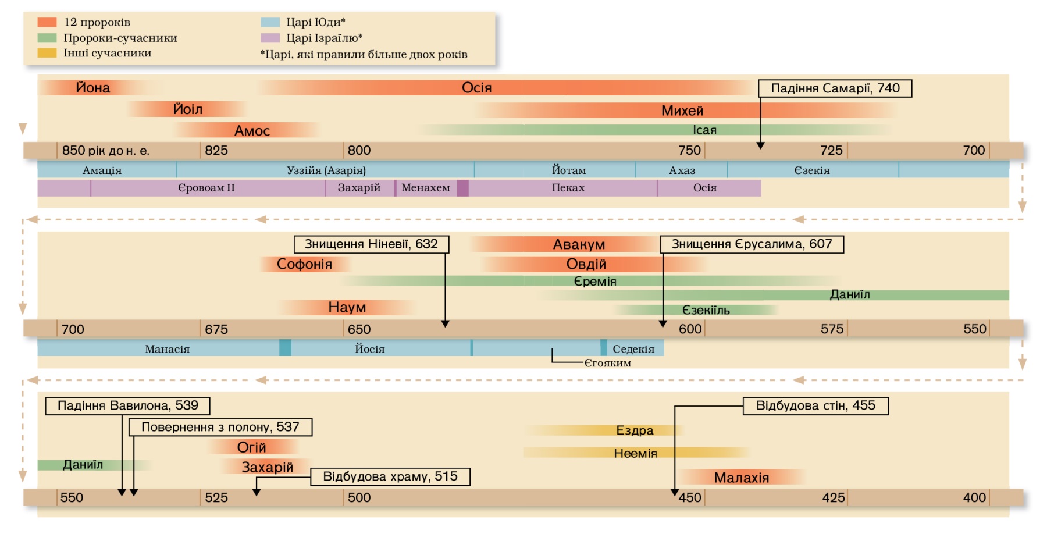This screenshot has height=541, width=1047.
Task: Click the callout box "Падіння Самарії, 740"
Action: pyautogui.click(x=835, y=88)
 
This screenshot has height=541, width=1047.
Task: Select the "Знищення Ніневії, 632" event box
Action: pyautogui.click(x=371, y=244)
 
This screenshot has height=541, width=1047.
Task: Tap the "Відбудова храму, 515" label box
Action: pyautogui.click(x=390, y=476)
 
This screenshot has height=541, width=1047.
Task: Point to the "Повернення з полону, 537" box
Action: pyautogui.click(x=220, y=427)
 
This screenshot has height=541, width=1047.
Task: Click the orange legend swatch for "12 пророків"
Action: pyautogui.click(x=47, y=22)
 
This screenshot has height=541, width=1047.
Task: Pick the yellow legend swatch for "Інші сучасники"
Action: pyautogui.click(x=47, y=53)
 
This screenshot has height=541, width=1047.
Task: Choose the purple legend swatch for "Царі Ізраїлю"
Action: pyautogui.click(x=270, y=38)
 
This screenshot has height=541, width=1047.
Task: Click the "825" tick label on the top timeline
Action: pyautogui.click(x=216, y=151)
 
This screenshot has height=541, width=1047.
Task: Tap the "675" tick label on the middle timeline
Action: pyautogui.click(x=216, y=330)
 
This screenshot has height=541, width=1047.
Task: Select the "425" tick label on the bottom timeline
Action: pyautogui.click(x=833, y=498)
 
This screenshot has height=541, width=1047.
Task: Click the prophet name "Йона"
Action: pyautogui.click(x=93, y=88)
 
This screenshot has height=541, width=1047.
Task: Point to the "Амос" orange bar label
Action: pyautogui.click(x=252, y=131)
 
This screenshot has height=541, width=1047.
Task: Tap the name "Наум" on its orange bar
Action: pyautogui.click(x=347, y=307)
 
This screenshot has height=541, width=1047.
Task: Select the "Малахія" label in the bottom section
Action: pyautogui.click(x=742, y=478)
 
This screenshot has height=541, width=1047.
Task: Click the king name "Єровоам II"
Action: pyautogui.click(x=206, y=188)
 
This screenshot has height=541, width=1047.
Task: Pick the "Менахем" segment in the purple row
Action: pyautogui.click(x=426, y=188)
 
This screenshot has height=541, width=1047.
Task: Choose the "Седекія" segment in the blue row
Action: pyautogui.click(x=633, y=349)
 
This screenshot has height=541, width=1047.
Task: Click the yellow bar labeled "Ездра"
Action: pyautogui.click(x=635, y=430)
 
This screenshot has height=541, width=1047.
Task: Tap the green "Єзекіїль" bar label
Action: pyautogui.click(x=706, y=310)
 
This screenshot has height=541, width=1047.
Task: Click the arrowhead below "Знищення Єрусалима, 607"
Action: pyautogui.click(x=663, y=323)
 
